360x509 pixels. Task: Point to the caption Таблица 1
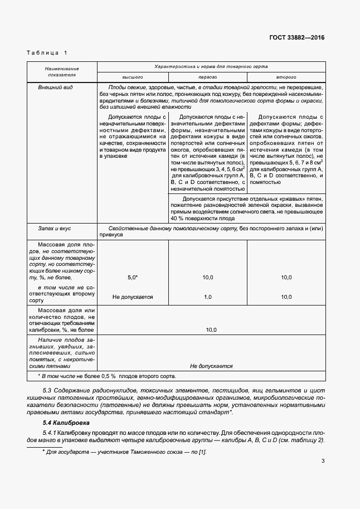coord(47,52)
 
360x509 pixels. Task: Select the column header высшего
coord(133,76)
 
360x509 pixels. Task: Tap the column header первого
coord(207,76)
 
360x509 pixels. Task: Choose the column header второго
coord(286,76)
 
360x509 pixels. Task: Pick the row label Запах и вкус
coord(54,229)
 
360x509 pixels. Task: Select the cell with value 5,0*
coord(133,277)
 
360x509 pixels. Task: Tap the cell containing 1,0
coord(207,297)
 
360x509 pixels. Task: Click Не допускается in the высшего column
coord(133,297)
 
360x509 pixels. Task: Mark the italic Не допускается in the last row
coord(211,366)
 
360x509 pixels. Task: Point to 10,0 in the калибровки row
coord(211,330)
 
